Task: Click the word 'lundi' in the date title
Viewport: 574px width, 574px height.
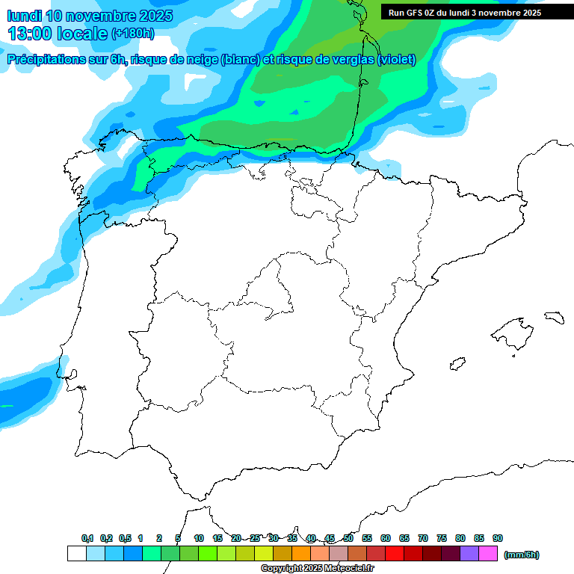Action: click(24, 16)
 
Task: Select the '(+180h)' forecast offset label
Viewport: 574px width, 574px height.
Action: click(133, 34)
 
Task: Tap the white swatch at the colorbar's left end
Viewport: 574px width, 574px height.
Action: click(76, 553)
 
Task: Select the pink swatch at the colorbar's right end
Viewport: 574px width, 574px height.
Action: click(487, 553)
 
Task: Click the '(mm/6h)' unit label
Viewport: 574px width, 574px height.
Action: click(521, 554)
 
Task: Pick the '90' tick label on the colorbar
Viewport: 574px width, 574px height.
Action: click(498, 538)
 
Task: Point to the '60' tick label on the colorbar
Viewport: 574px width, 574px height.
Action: click(386, 538)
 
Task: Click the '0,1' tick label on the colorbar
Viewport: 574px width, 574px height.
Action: click(87, 538)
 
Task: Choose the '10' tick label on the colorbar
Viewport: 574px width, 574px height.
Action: click(199, 538)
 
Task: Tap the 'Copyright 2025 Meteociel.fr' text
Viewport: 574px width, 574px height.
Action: click(317, 568)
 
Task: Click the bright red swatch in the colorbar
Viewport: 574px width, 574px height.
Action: click(394, 553)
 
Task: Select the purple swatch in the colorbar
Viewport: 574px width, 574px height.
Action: click(469, 553)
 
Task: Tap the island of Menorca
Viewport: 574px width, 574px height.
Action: click(553, 318)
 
